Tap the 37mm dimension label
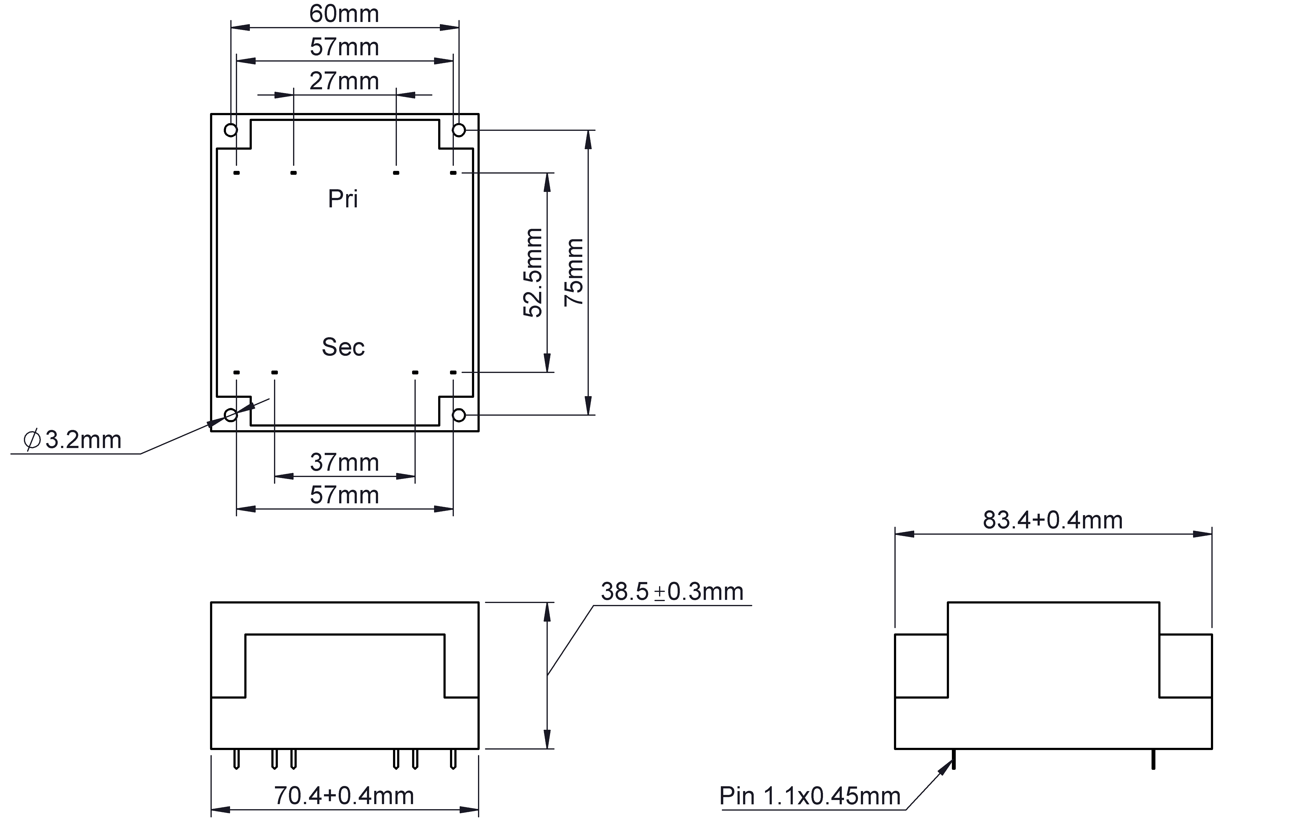click(x=344, y=463)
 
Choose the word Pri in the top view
click(x=343, y=199)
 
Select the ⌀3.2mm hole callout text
click(x=72, y=440)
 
